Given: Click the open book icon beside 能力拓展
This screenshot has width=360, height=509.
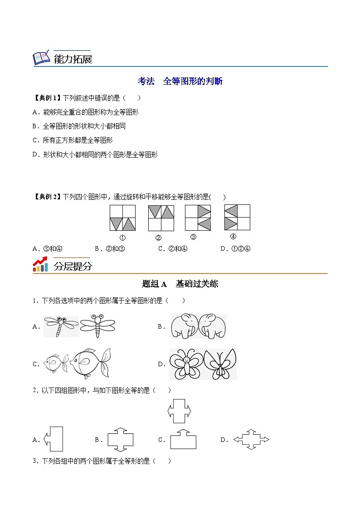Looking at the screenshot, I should click(41, 58).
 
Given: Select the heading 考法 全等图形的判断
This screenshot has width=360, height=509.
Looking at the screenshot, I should click(180, 82).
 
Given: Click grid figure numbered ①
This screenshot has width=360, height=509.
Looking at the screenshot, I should click(122, 218).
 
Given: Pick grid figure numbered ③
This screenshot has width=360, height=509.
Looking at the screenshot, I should click(198, 218).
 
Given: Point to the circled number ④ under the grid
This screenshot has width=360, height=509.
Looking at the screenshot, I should click(233, 236).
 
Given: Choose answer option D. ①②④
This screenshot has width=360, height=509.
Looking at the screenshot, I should click(235, 248).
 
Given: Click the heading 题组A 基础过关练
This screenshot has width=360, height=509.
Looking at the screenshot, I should click(180, 284).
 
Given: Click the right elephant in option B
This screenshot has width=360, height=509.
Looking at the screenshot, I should click(212, 326).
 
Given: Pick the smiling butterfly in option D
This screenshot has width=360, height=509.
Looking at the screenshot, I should click(186, 364).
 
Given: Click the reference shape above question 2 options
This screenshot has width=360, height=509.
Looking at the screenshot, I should click(179, 411).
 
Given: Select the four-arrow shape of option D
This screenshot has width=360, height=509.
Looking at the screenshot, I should click(251, 440).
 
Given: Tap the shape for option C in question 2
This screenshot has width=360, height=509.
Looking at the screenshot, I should click(183, 439).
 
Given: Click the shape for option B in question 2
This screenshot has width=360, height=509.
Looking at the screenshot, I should click(120, 439).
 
